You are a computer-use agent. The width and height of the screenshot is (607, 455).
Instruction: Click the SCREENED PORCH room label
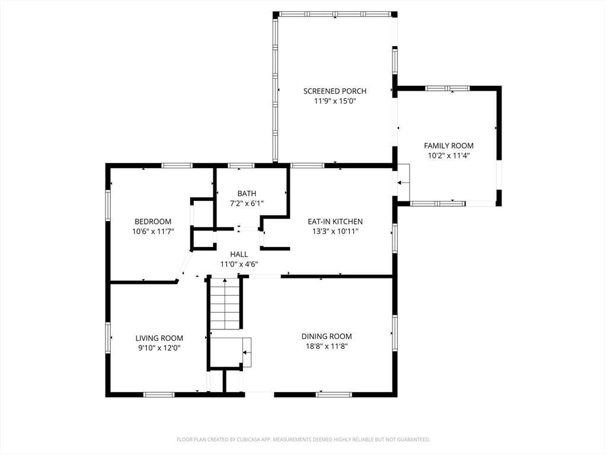[334, 91]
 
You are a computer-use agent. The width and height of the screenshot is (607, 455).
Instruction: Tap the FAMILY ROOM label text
[449, 146]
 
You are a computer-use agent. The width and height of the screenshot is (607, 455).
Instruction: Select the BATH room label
[247, 193]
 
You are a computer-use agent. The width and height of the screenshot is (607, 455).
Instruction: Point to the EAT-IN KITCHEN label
[336, 222]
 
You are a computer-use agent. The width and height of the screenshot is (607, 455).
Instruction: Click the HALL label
[239, 254]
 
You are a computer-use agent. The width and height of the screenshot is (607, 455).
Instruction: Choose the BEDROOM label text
[153, 222]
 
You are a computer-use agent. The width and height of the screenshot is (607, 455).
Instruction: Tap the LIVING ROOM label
[159, 338]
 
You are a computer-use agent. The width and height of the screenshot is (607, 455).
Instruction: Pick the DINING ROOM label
[327, 337]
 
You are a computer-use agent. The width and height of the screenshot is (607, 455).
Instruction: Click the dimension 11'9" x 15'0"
[335, 101]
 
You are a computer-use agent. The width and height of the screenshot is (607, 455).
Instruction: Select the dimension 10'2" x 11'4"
[449, 156]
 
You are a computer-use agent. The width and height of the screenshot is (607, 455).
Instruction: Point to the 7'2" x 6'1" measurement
[247, 203]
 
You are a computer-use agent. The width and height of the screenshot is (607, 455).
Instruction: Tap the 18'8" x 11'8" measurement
[327, 346]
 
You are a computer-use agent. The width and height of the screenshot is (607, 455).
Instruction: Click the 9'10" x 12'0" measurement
[159, 348]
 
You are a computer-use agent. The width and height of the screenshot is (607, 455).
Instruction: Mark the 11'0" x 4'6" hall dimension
[239, 264]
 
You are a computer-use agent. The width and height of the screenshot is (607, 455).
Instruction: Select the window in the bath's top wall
[241, 166]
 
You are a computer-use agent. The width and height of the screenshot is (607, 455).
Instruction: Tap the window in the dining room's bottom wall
[334, 395]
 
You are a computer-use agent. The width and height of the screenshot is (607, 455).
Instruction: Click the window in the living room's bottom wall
[159, 395]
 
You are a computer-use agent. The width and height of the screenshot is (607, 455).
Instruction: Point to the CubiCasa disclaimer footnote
[303, 440]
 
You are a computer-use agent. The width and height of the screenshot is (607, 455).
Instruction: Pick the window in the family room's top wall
[447, 88]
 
